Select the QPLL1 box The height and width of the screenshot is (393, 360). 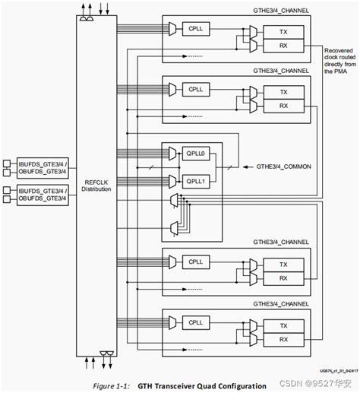point(197,180)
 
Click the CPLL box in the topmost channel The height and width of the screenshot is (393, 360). point(197,30)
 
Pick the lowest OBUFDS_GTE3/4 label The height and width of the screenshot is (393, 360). point(43,199)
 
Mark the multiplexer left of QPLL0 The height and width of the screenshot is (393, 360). point(172,154)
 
